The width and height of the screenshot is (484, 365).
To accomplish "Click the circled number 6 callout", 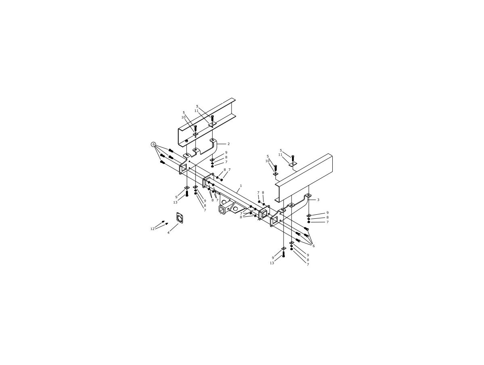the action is pyautogui.click(x=154, y=144).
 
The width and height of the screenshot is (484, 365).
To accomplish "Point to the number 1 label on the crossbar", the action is pyautogui.click(x=241, y=186).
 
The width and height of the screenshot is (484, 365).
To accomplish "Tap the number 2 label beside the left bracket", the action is pyautogui.click(x=229, y=144).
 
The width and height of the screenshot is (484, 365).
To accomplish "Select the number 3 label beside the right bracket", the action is pyautogui.click(x=318, y=200).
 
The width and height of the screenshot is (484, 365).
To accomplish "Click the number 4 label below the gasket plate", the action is pyautogui.click(x=169, y=233).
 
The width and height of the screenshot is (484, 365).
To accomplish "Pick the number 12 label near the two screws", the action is pyautogui.click(x=152, y=229).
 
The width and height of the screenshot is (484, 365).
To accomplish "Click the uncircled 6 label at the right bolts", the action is pyautogui.click(x=313, y=246).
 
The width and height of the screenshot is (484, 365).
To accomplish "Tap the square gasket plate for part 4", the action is pyautogui.click(x=180, y=218).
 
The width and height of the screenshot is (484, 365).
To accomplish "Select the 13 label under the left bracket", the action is pyautogui.click(x=175, y=202).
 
